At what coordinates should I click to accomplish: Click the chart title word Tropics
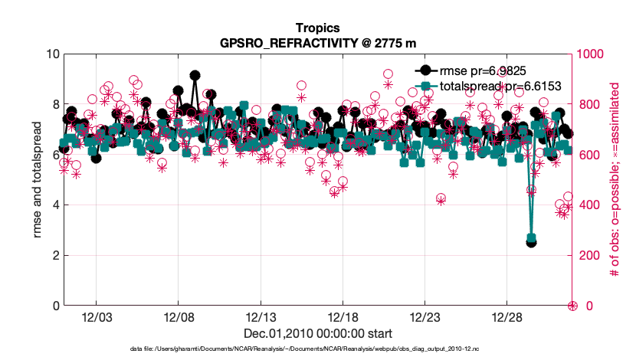(x=317, y=29)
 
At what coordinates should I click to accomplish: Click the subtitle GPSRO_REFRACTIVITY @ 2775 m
(x=317, y=43)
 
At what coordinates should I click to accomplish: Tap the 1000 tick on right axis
(x=588, y=54)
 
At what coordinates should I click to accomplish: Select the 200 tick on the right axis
(x=585, y=256)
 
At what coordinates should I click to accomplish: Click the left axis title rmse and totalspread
(x=38, y=180)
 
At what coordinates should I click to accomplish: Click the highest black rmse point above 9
(x=195, y=76)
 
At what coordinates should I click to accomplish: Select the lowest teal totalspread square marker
(x=532, y=238)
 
